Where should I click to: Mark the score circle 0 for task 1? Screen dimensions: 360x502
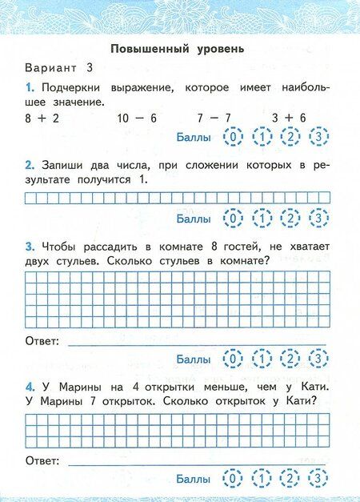pos(233,138)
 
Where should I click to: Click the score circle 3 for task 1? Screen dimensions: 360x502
pos(319,138)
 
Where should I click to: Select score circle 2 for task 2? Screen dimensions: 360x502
pos(290,218)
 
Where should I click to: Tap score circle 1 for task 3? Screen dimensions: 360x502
pos(262,358)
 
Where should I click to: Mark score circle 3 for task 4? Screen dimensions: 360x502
pos(319,479)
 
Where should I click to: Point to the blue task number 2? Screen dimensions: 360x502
pos(29,165)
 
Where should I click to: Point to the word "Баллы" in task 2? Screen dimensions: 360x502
pos(193,218)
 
